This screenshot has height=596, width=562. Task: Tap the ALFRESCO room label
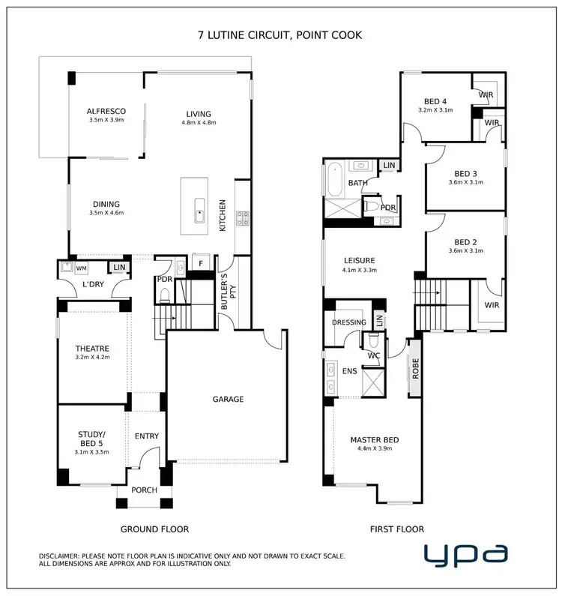coord(106,111)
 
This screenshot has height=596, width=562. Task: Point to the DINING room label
coord(106,204)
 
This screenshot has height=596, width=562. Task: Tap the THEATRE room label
coord(93,349)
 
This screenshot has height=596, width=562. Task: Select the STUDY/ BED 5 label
coord(93,439)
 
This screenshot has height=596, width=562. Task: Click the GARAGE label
coord(228,400)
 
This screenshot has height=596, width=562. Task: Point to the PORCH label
coord(145,490)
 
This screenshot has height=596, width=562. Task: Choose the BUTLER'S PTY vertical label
coord(227,289)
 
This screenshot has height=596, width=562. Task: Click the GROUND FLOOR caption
coord(154,529)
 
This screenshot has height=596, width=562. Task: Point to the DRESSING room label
coord(349,323)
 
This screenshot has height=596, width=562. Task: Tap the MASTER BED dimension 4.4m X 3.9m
coord(375,448)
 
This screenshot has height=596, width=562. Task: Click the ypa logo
coord(465,555)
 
